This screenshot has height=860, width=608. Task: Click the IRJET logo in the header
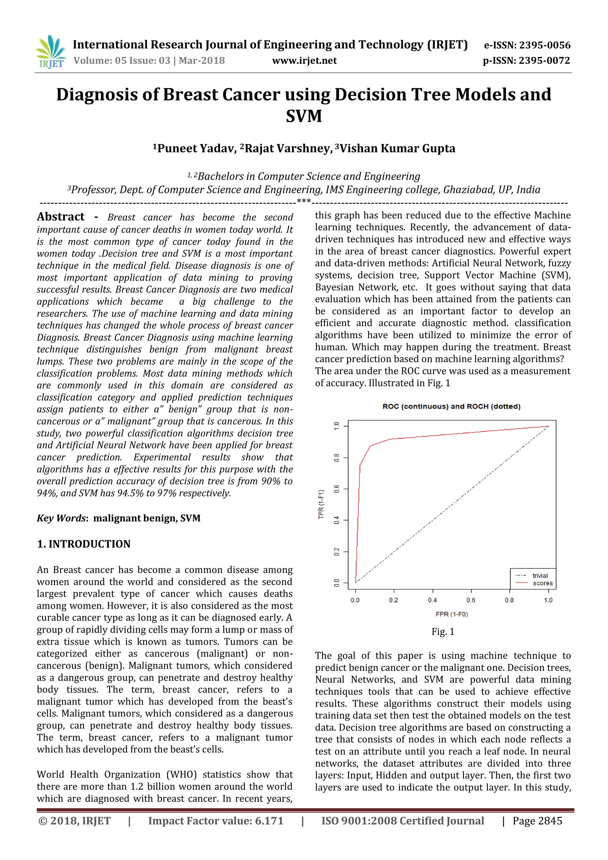(x=50, y=52)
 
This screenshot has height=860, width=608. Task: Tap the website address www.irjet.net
(x=304, y=61)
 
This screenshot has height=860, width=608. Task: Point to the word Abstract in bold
(x=61, y=217)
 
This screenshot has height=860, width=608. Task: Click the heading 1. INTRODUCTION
(x=83, y=544)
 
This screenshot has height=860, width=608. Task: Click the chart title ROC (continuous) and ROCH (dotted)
(x=451, y=407)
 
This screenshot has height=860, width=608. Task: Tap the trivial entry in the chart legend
(x=539, y=576)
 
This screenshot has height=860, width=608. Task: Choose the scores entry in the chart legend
(x=542, y=583)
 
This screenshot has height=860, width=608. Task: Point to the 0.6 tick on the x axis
(x=471, y=600)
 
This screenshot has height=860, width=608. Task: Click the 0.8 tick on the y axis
(x=337, y=457)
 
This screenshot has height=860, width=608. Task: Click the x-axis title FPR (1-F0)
(x=452, y=614)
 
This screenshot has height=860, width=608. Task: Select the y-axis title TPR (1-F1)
(x=321, y=504)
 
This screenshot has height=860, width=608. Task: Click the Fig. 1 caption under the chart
(x=443, y=632)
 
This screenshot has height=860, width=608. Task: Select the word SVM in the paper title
(x=304, y=116)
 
